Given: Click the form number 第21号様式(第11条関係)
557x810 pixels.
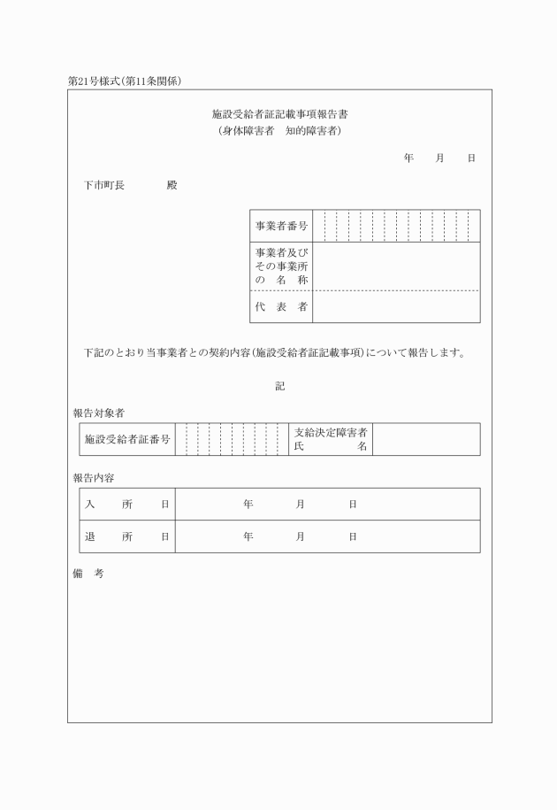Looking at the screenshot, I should click(131, 81).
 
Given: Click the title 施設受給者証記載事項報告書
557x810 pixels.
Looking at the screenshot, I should click(279, 115).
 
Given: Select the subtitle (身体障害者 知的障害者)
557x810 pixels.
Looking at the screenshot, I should click(279, 131).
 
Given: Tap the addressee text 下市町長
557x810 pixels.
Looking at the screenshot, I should click(104, 186).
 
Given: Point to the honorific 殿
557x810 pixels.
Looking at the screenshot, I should click(172, 186).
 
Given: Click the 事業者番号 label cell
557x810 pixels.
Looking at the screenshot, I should click(281, 227).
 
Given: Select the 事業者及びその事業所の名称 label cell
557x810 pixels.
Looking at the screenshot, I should click(281, 266).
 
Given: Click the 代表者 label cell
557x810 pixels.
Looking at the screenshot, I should click(281, 306).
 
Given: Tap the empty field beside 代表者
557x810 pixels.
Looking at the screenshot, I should click(396, 306).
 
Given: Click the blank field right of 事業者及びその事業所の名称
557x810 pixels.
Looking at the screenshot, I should click(396, 266).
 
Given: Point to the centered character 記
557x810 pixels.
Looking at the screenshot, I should click(279, 386).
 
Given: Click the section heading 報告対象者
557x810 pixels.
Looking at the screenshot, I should click(98, 413).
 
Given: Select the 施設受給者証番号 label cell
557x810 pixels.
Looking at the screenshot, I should click(127, 439).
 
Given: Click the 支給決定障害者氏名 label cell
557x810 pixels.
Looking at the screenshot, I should click(331, 439).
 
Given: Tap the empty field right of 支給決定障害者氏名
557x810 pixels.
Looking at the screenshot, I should click(426, 439).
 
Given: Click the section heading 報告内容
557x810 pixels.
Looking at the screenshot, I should click(93, 478).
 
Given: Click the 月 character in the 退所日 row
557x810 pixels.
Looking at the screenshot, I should click(301, 536).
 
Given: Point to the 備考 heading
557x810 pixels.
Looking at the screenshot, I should click(88, 574).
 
